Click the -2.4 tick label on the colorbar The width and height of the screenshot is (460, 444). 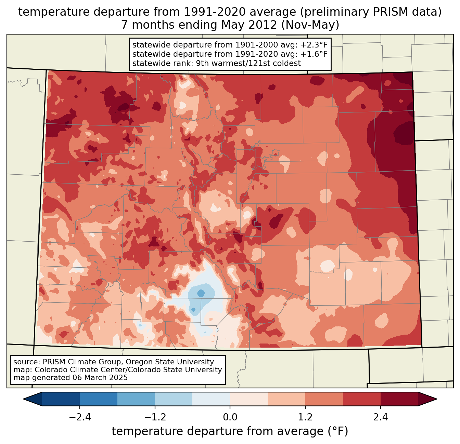click(x=80, y=417)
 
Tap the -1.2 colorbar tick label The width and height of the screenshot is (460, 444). click(x=155, y=417)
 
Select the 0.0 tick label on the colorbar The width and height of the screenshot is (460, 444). click(x=230, y=417)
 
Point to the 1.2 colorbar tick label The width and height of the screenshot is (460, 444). click(x=305, y=417)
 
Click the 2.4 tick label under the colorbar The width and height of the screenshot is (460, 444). click(x=380, y=417)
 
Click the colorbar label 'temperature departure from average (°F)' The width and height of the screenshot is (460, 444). click(x=230, y=431)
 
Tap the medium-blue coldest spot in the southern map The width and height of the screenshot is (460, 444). click(x=201, y=293)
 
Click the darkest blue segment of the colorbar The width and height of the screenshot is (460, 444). click(x=61, y=399)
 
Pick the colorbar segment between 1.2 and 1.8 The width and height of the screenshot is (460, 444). click(x=324, y=399)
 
